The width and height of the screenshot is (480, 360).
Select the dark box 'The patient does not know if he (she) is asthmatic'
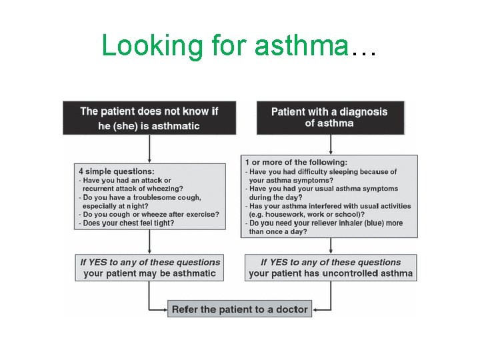coord(149,118)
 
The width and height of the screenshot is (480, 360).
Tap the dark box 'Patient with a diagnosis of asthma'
coord(329,117)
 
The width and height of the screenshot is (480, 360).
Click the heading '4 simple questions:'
coord(117,171)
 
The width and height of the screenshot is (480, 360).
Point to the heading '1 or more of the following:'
coord(296,162)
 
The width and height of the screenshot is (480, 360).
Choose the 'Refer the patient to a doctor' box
coord(239,309)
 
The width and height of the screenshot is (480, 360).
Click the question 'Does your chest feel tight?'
coord(128,223)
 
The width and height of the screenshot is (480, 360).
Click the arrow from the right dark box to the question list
coord(329,145)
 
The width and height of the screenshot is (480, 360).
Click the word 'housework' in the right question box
coord(287,215)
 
